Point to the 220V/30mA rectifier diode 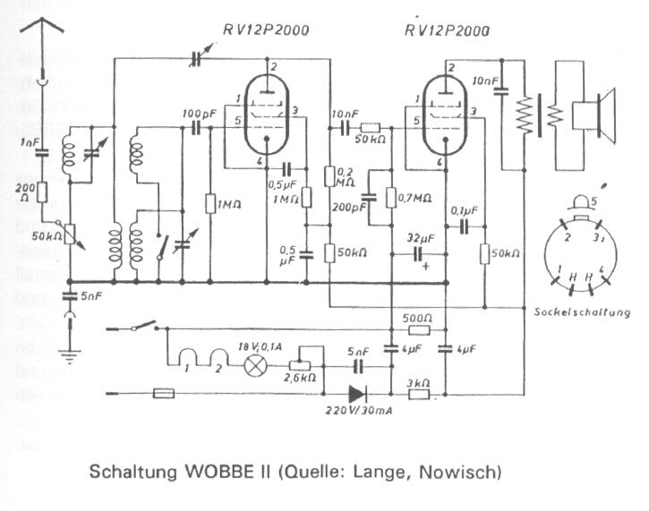(x=357, y=393)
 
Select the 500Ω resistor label (x=418, y=318)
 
